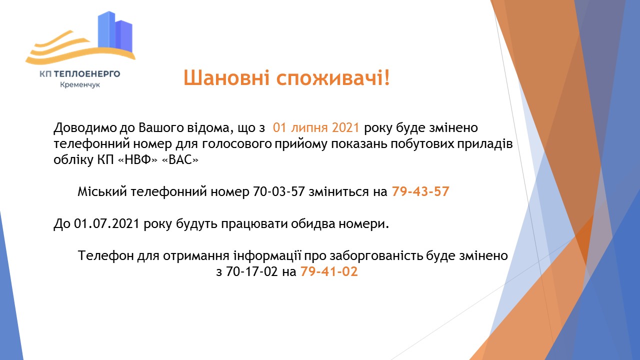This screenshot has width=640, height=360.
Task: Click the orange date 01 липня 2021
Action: tap(316, 127)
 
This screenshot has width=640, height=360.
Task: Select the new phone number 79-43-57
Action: tap(420, 192)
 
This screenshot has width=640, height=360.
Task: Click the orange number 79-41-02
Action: tap(329, 272)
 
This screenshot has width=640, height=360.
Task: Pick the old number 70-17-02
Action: tap(254, 272)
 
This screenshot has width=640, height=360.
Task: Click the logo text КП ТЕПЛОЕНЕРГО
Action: tap(80, 74)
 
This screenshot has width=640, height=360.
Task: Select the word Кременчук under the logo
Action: tap(80, 85)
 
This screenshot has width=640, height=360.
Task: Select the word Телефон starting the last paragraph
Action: tap(104, 256)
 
